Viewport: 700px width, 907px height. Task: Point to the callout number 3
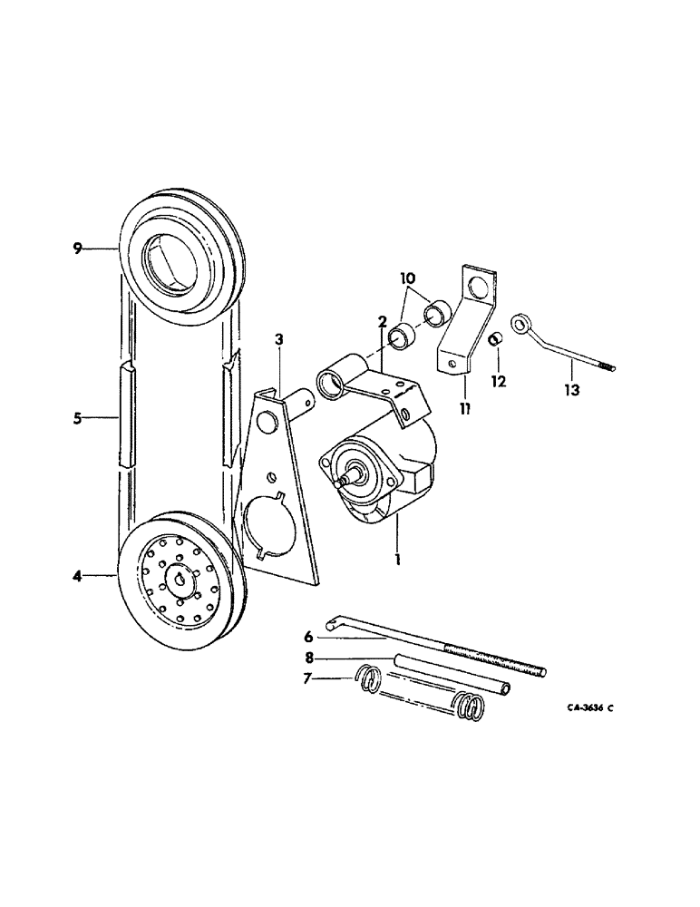click(x=279, y=339)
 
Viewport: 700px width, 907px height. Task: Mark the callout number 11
click(x=463, y=409)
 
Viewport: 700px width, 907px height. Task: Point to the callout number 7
click(x=308, y=679)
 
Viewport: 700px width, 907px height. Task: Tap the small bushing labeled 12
click(x=496, y=339)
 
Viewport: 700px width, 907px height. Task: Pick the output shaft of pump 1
click(x=345, y=478)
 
